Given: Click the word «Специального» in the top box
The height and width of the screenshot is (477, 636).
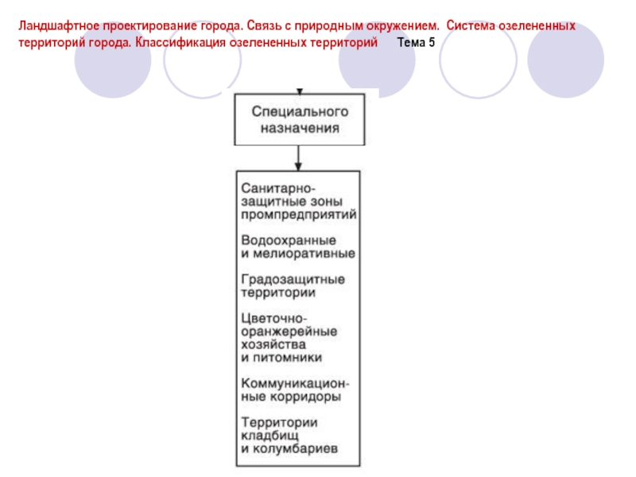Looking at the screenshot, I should (x=297, y=111).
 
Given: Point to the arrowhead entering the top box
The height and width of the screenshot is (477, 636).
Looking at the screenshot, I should (x=297, y=91).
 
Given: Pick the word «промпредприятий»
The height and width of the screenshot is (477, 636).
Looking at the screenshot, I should (x=298, y=215).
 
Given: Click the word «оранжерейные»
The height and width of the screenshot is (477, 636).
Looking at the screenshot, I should (x=287, y=331).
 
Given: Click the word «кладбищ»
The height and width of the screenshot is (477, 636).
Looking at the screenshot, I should (x=270, y=435).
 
